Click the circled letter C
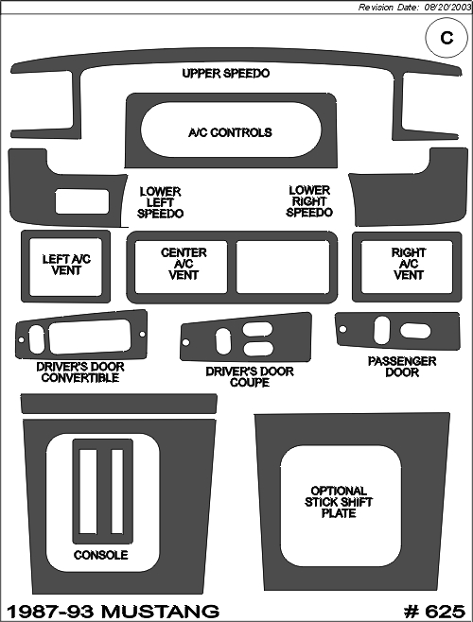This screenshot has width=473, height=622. pos(447,38)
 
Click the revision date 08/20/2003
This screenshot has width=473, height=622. pos(448,8)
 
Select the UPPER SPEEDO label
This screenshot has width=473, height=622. pos(226,74)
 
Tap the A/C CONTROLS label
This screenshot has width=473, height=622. pos(230,132)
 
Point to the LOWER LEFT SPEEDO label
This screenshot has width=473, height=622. pos(161,202)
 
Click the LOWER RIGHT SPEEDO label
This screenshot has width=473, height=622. pos(309,201)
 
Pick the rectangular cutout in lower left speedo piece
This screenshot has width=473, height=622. pos(81,201)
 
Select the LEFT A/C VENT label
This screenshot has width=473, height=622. pos(66,265)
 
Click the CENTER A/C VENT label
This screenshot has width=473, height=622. pos(184,264)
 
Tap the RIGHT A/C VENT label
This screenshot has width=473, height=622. pos(409,264)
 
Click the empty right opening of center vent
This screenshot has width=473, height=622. pos(283,267)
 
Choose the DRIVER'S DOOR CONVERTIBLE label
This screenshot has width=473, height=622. pos(80,372)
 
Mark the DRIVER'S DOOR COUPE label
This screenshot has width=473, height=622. pos(250,377)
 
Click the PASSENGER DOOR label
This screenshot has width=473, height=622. pos(402,367)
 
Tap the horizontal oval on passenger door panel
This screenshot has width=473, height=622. pos(415,331)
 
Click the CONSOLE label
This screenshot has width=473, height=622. pos(101,555)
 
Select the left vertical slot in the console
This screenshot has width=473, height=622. pos(88,492)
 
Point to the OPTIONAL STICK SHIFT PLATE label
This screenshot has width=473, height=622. pos(339,502)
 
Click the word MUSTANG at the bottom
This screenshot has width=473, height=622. pos(161,612)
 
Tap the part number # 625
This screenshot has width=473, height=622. pos(434,612)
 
